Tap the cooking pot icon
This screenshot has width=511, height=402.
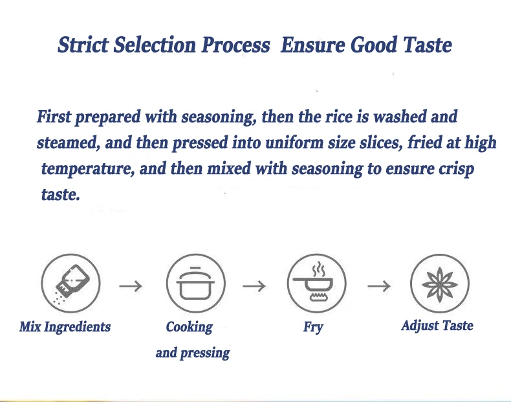(x=195, y=284)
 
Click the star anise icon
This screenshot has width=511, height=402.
(x=440, y=284)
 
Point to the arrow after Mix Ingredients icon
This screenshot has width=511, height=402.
(x=131, y=286)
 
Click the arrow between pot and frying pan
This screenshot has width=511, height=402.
(x=254, y=286)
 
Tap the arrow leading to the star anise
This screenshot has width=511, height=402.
(x=379, y=286)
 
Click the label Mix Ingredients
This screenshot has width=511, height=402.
(x=65, y=327)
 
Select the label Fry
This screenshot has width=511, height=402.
(x=313, y=327)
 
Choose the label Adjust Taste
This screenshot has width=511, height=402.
(x=437, y=326)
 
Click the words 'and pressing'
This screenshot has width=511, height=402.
(x=193, y=353)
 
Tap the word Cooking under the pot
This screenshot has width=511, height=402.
(x=190, y=328)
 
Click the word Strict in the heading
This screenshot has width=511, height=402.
(x=83, y=45)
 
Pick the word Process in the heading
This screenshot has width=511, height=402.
(x=235, y=45)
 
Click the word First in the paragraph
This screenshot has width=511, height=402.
(x=54, y=117)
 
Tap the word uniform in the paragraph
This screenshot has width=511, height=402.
(x=294, y=143)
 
